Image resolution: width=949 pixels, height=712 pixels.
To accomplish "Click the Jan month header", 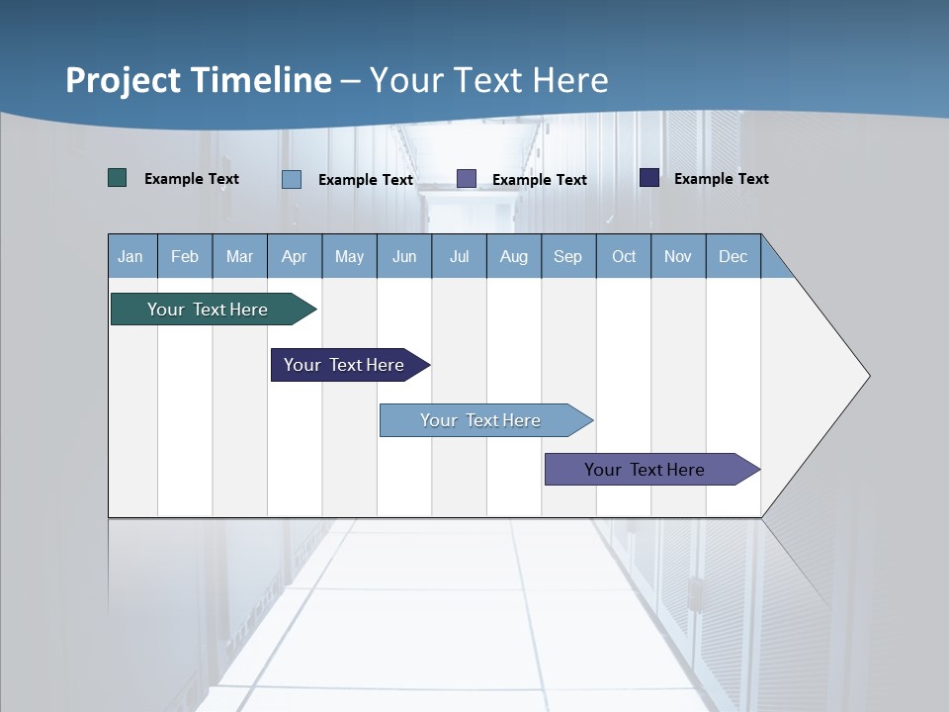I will [x=130, y=257].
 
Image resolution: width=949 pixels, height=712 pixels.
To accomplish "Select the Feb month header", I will [x=185, y=257].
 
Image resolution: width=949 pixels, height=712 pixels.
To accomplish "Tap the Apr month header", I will [x=295, y=257].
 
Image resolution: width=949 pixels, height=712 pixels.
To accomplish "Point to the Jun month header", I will [x=404, y=257].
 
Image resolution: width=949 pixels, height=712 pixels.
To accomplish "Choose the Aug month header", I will [x=514, y=257].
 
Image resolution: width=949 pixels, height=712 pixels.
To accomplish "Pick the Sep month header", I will [x=568, y=257].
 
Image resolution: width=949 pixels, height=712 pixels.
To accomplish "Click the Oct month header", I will [x=624, y=257].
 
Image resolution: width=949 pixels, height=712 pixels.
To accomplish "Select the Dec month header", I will [x=733, y=257].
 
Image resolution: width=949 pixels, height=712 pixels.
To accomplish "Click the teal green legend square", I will [x=118, y=178].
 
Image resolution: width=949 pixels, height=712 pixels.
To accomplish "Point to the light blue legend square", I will [x=292, y=179].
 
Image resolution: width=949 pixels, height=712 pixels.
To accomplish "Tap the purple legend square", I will [x=467, y=178].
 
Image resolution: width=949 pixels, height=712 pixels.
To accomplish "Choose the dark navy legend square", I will [x=649, y=178].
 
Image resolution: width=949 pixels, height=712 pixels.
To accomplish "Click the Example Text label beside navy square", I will [x=722, y=179].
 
